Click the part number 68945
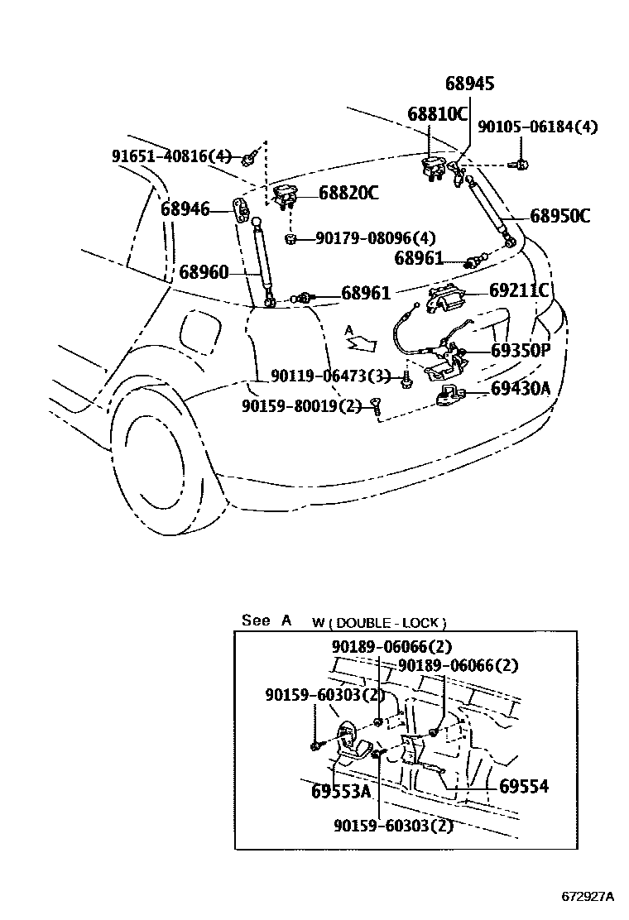pyautogui.click(x=469, y=84)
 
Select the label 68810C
pyautogui.click(x=438, y=113)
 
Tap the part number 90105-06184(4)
pyautogui.click(x=537, y=126)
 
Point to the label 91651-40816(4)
pyautogui.click(x=171, y=156)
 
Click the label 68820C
pyautogui.click(x=348, y=193)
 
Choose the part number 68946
pyautogui.click(x=185, y=208)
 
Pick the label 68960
pyautogui.click(x=204, y=272)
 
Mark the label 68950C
pyautogui.click(x=560, y=216)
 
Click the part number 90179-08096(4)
pyautogui.click(x=376, y=237)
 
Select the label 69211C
pyautogui.click(x=519, y=290)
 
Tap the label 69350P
pyautogui.click(x=521, y=350)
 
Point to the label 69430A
pyautogui.click(x=521, y=388)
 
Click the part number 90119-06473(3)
pyautogui.click(x=330, y=375)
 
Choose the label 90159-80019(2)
pyautogui.click(x=301, y=405)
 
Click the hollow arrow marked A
pyautogui.click(x=361, y=342)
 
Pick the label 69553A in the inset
pyautogui.click(x=342, y=791)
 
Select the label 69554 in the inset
pyautogui.click(x=524, y=786)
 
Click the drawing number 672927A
pyautogui.click(x=588, y=897)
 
